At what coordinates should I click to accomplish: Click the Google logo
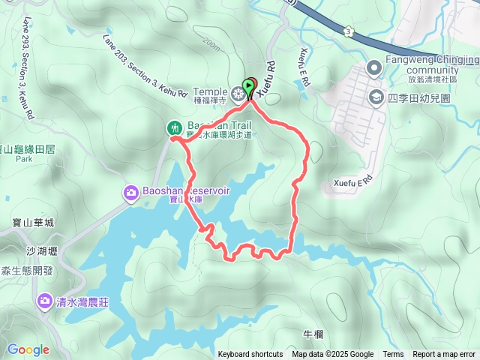coord(28,349)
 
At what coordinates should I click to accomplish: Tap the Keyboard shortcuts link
coord(250,354)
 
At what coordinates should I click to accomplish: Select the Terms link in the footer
coord(393,354)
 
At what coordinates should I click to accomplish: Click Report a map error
coord(444,354)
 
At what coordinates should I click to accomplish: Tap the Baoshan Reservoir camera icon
coord(130,194)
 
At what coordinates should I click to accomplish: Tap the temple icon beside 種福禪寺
coord(238,94)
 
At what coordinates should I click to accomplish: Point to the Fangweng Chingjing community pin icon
coord(374,69)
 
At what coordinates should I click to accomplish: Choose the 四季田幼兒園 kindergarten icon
coord(374,97)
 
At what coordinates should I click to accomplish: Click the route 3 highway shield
coord(349,31)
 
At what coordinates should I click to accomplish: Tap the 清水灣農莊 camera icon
coord(43,302)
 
